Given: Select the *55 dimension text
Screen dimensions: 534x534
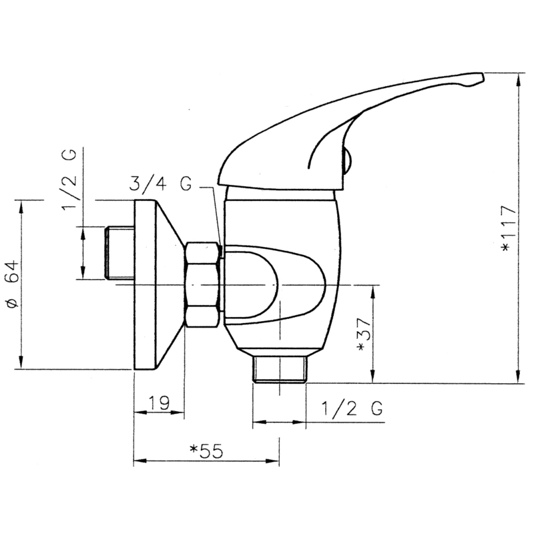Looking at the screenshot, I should [206, 451].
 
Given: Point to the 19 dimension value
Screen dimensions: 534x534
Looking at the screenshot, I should [158, 403].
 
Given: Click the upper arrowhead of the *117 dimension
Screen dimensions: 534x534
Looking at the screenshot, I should [519, 79].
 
